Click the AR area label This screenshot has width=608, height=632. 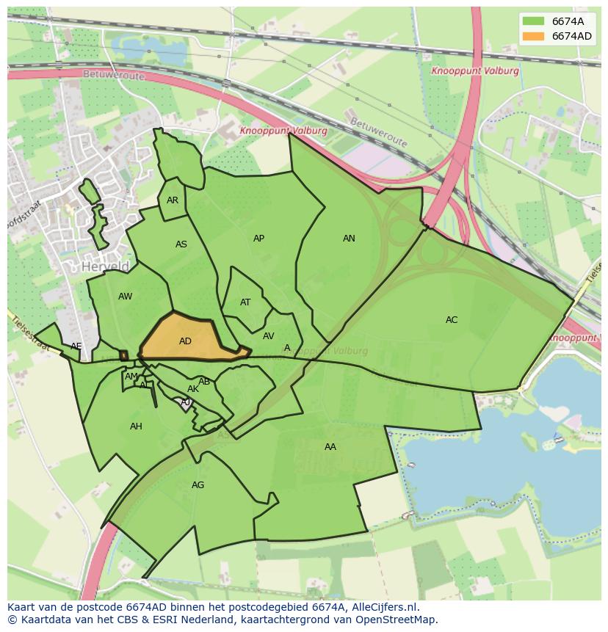pos(173,200)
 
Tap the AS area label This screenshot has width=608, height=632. pos(181,244)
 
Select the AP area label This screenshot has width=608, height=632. pos(258,239)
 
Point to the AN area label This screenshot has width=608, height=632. pos(349,239)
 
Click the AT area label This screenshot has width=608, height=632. pos(245,302)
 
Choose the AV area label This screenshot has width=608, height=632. pos(268,336)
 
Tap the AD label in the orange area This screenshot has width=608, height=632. pos(185,341)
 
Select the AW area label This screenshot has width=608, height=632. pos(125,297)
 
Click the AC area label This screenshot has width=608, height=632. pos(452,320)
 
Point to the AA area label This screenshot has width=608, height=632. pos(330,446)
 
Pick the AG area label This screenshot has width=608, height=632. pos(198,485)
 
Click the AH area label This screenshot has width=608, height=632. pos(136,426)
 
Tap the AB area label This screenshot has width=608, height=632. pos(204,382)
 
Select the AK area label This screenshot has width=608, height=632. pos(192,389)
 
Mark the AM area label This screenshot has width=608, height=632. pos(131,377)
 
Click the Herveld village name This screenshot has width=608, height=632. pos(106,266)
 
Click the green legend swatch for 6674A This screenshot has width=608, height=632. pos(533,21)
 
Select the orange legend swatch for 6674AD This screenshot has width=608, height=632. pos(533,36)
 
